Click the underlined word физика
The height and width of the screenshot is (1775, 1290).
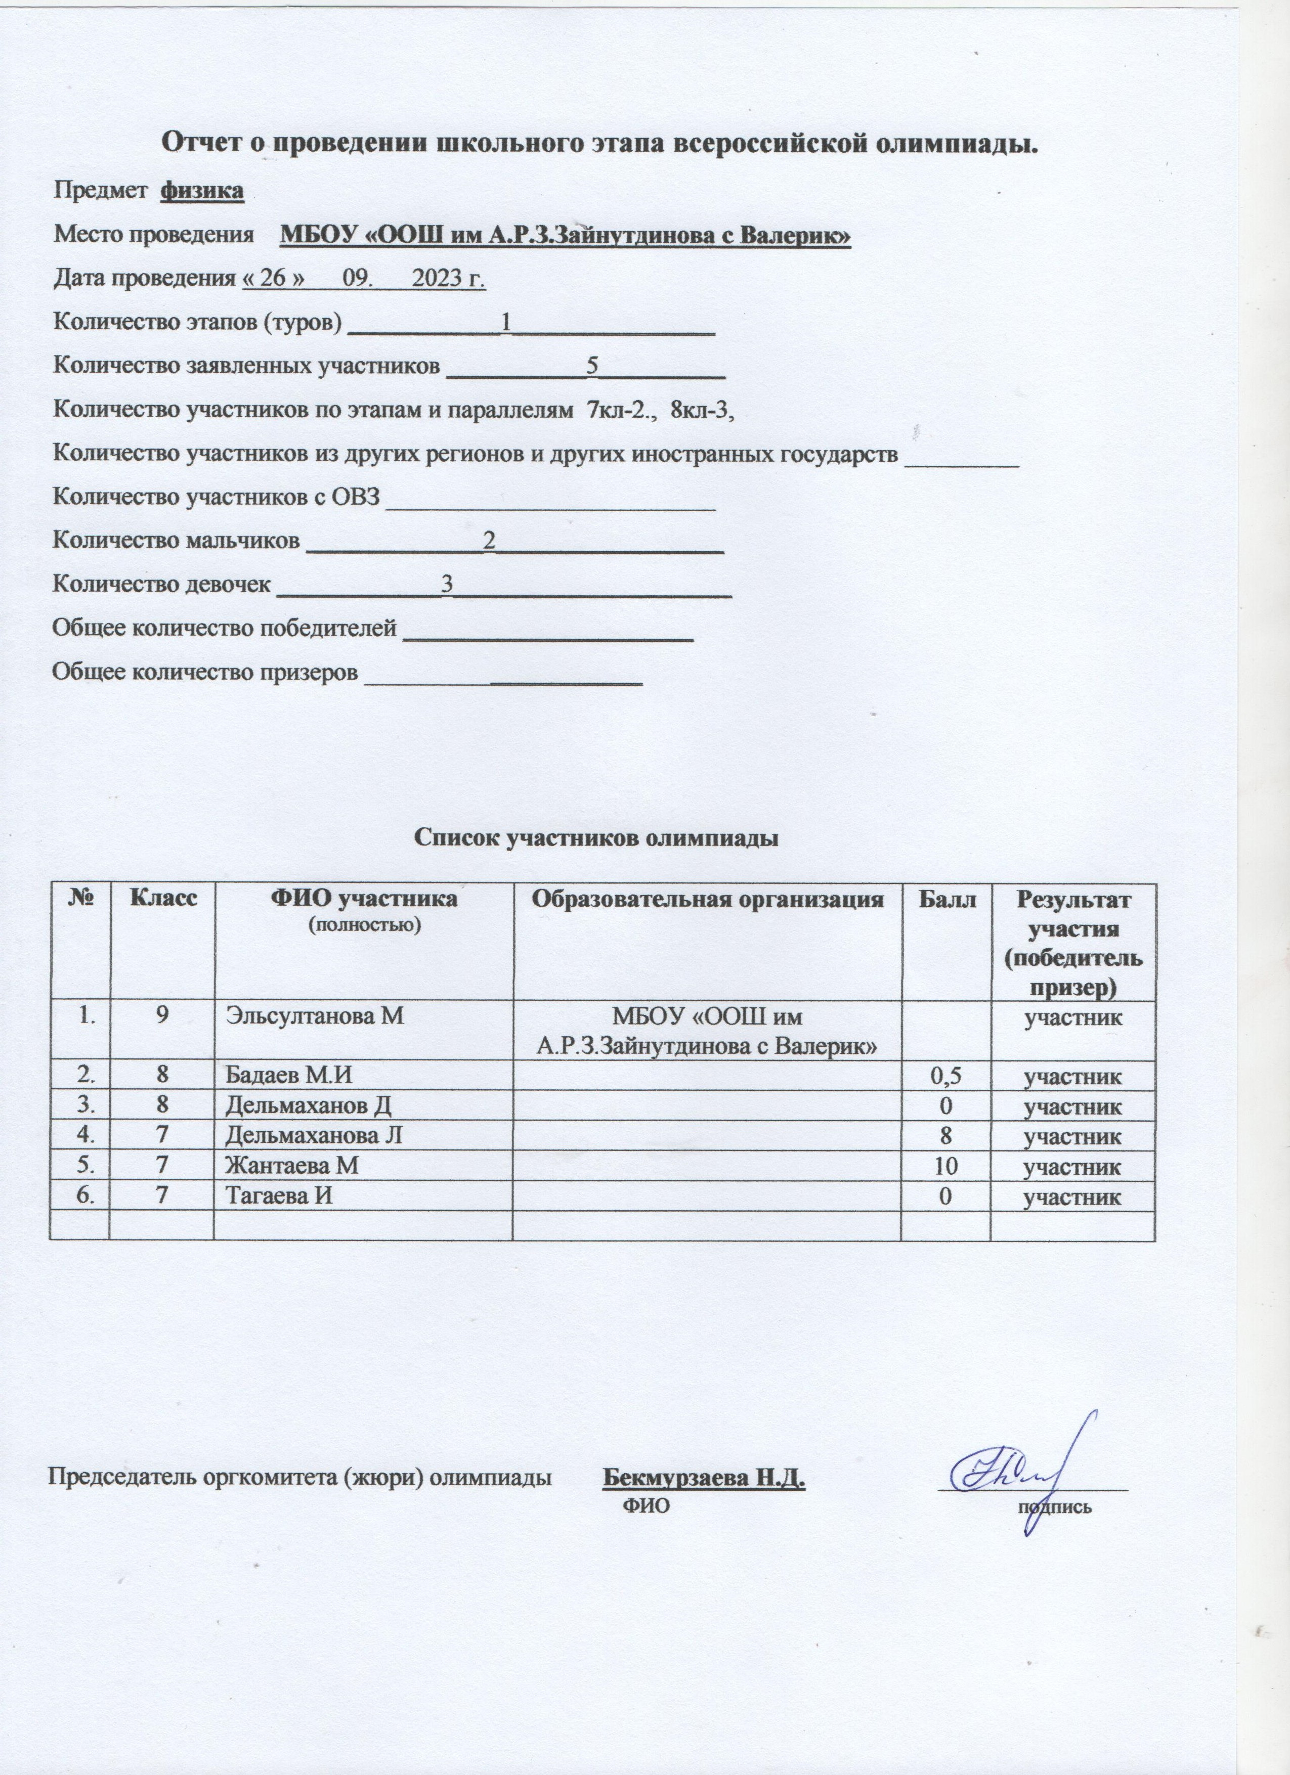pyautogui.click(x=202, y=191)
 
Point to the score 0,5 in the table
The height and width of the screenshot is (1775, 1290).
pyautogui.click(x=945, y=1076)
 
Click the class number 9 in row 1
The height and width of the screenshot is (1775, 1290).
pyautogui.click(x=162, y=1016)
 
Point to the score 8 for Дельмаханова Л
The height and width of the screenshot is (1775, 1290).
pyautogui.click(x=945, y=1136)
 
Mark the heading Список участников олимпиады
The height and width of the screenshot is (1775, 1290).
pyautogui.click(x=596, y=838)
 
